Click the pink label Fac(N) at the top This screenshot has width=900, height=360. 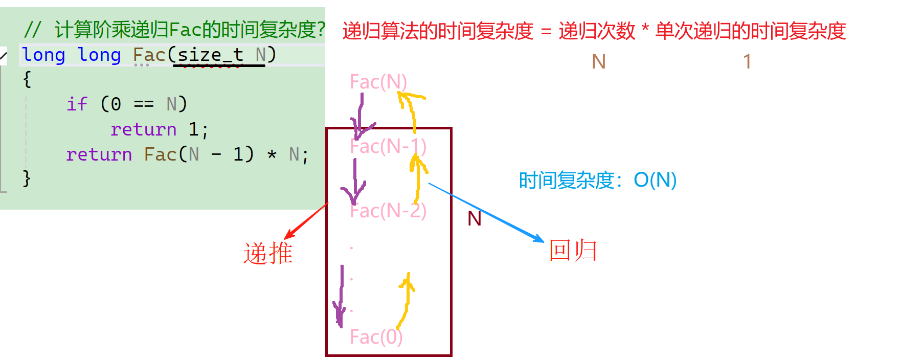pos(378,82)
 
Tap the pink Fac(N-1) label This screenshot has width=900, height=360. pos(388,147)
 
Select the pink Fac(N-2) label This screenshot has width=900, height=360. pos(388,211)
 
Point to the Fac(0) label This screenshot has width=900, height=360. pos(376,337)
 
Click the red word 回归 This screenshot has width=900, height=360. pos(573,251)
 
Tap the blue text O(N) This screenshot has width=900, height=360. pos(655,180)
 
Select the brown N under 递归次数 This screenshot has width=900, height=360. pos(598,62)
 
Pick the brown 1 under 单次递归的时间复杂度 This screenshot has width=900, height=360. pos(747,62)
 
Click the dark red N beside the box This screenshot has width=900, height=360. pos(475,219)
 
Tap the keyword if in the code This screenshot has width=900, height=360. pos(77,104)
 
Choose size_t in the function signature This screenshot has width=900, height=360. pos(210,55)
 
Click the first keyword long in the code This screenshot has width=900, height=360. pos(43,55)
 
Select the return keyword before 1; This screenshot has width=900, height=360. pos(143,129)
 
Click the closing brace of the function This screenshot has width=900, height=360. pos(27,178)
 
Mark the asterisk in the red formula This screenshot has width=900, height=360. pos(645,28)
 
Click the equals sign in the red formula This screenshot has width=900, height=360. pos(546,32)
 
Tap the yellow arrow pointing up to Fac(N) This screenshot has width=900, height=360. pos(412,107)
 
